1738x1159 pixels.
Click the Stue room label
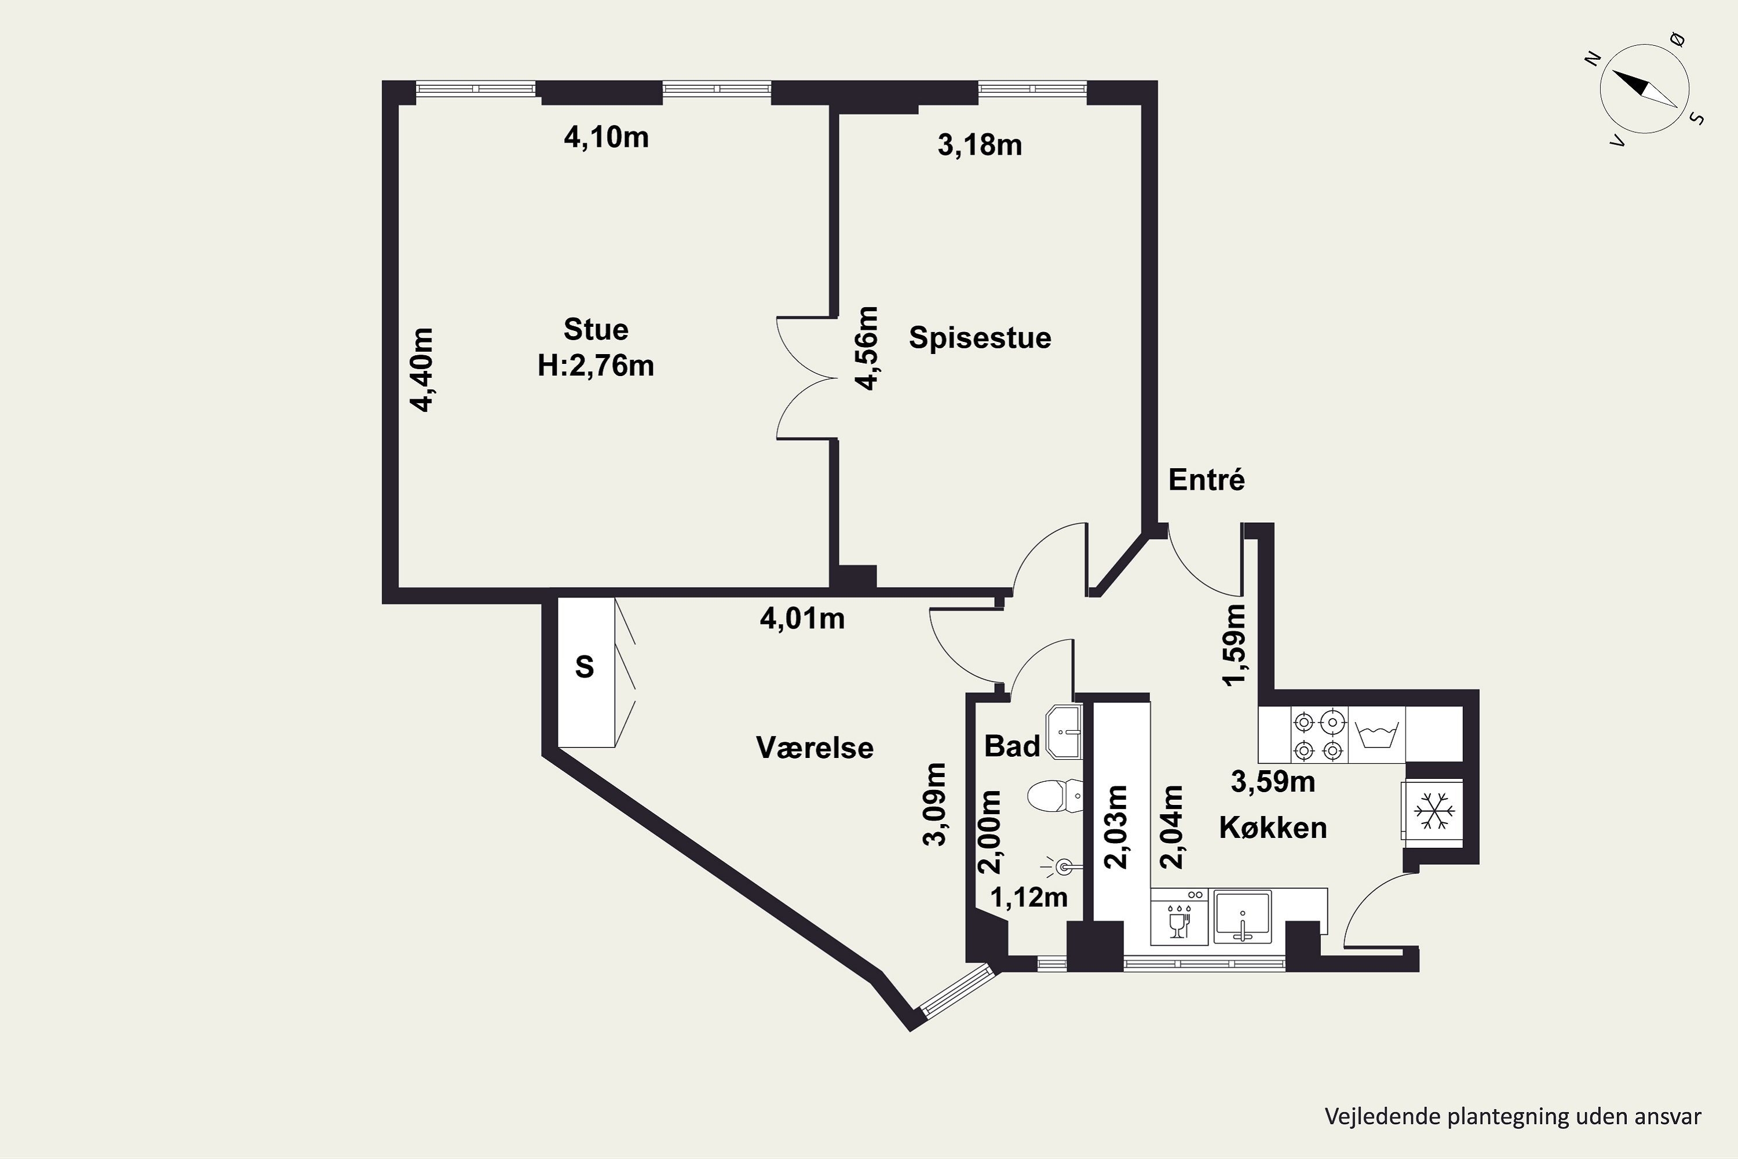[x=596, y=329]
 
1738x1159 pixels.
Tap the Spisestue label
[x=980, y=338]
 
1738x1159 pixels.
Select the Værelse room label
[x=815, y=748]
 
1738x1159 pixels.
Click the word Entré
[x=1207, y=480]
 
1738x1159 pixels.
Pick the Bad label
[x=1012, y=746]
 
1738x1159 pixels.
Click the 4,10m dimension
[x=606, y=137]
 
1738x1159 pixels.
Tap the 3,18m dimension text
[x=980, y=145]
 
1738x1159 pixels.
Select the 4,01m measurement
[x=802, y=618]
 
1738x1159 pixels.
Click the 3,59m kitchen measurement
[x=1272, y=782]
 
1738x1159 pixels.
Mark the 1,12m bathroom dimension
[x=1029, y=897]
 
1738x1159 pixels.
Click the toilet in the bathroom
[x=1055, y=796]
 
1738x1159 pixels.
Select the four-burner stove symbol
[x=1319, y=735]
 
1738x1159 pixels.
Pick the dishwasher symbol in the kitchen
[x=1180, y=917]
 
